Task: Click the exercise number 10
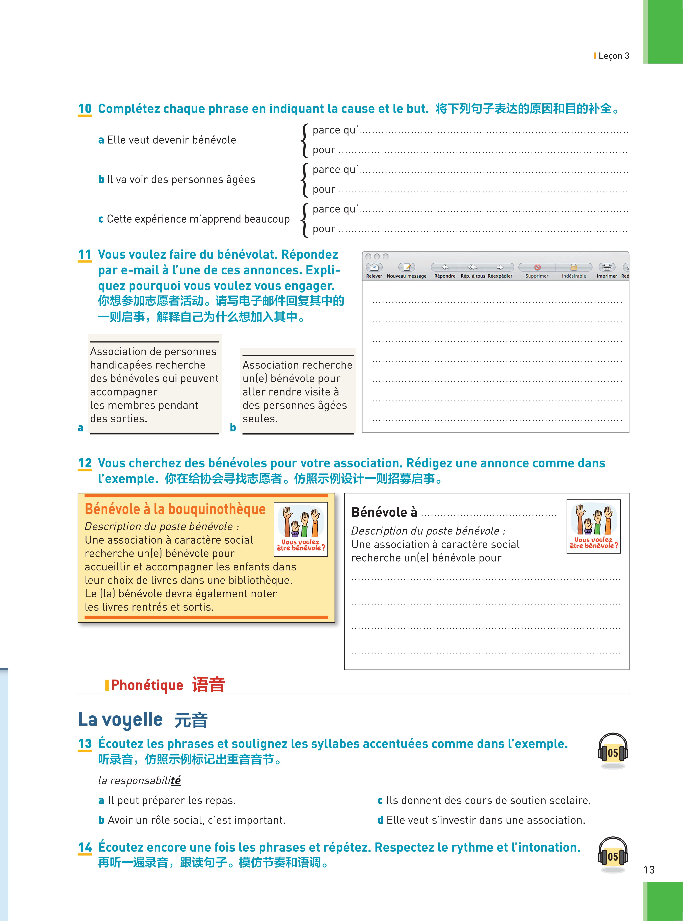(85, 109)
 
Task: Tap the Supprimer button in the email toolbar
(537, 268)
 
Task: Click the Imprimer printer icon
(607, 268)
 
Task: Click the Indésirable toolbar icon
(574, 268)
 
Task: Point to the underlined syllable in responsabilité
(176, 780)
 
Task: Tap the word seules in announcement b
(259, 419)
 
